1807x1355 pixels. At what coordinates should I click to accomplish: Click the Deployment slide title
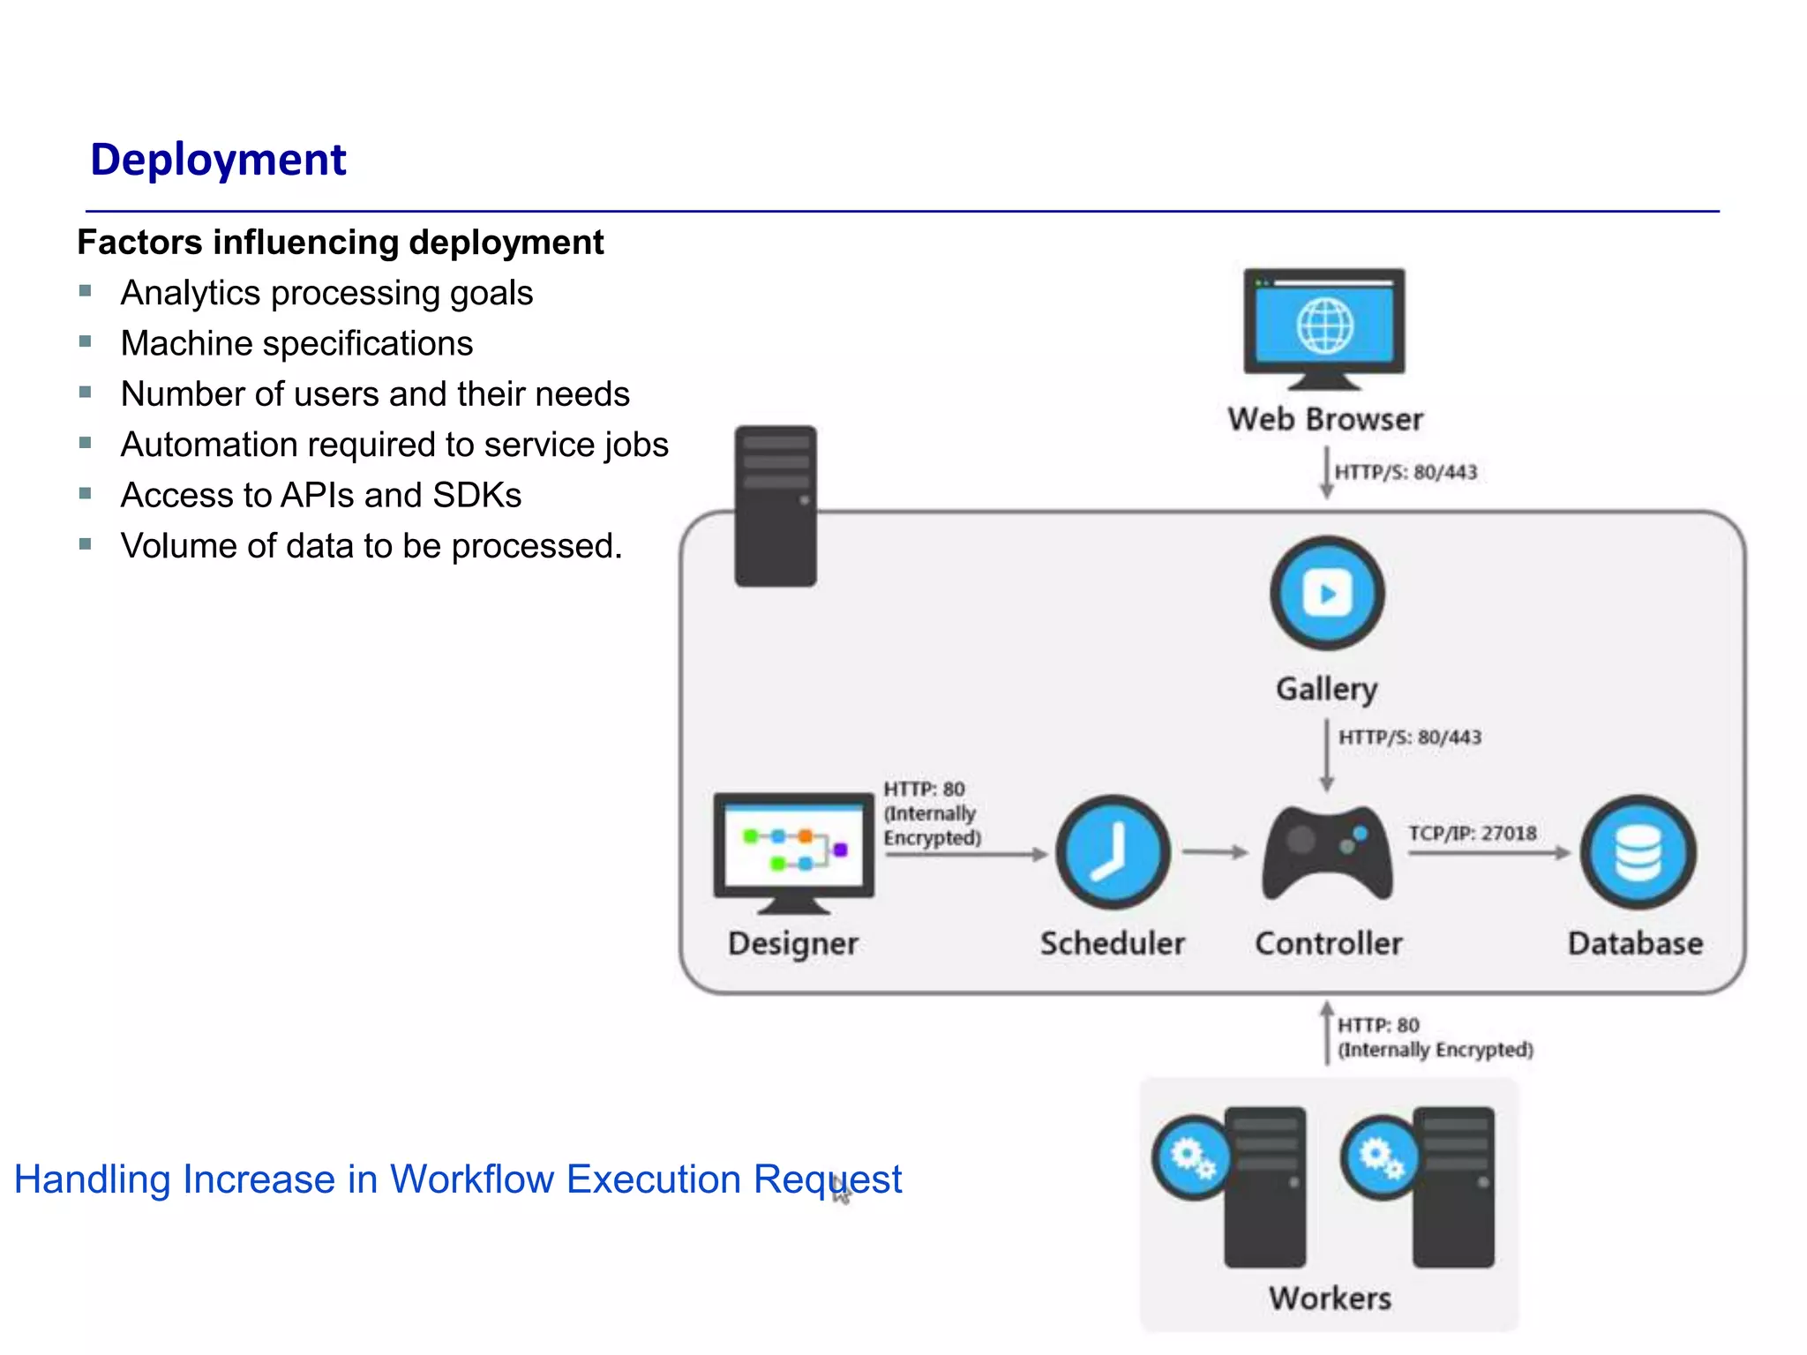pos(218,160)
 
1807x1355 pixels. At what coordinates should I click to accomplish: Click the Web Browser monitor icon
pos(1323,326)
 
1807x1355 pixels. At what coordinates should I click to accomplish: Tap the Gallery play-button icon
pos(1327,593)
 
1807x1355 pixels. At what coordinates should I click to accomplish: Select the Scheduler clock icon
pos(1113,852)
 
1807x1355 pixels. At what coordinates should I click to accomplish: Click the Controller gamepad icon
pos(1327,852)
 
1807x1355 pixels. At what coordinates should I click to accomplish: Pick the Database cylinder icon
pos(1638,852)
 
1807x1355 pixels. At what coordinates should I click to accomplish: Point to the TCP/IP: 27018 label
pos(1472,834)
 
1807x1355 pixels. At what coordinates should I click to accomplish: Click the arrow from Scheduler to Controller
pos(1215,852)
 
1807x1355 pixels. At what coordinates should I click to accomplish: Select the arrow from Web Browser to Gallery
pos(1326,473)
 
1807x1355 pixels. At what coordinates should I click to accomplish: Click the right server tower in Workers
pos(1454,1187)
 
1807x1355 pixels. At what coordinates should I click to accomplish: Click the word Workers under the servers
pos(1330,1299)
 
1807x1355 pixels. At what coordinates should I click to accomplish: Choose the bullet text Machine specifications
pos(296,343)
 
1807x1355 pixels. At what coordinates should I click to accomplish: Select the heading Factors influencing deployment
pos(341,243)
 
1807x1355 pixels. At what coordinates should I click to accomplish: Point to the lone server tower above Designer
pos(776,505)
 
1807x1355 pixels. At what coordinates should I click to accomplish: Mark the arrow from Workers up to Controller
pos(1326,1033)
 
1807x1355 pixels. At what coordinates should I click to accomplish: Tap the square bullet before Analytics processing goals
pos(86,291)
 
